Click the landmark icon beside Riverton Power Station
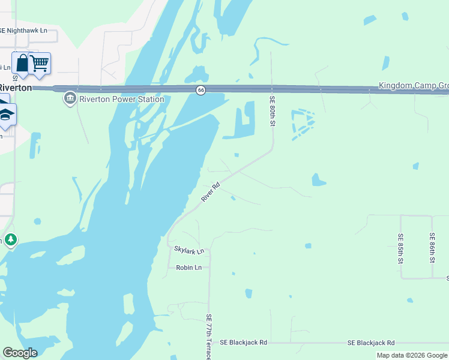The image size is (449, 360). (x=70, y=98)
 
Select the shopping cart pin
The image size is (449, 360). (x=40, y=64)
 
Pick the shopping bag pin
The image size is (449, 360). (x=22, y=64)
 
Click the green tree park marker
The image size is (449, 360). (x=10, y=240)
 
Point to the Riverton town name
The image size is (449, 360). (x=16, y=88)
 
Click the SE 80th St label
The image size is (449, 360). (x=272, y=112)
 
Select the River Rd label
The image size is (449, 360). (x=211, y=193)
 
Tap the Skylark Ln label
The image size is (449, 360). (x=189, y=250)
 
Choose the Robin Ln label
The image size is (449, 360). (x=188, y=268)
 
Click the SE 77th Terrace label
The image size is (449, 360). (x=209, y=337)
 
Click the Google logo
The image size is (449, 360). (x=19, y=353)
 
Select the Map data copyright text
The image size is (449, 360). (x=412, y=355)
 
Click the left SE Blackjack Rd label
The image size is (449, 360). (x=243, y=343)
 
